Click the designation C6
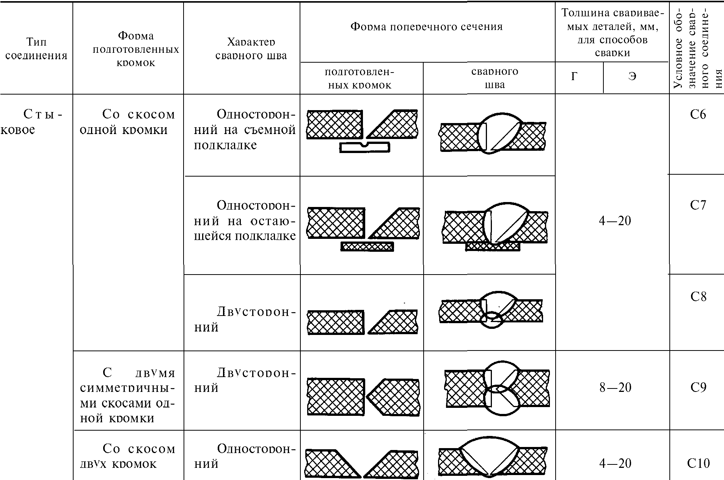698,114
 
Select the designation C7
698,205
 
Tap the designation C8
698,296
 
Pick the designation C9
698,387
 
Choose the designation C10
698,463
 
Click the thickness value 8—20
615,387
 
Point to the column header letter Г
575,77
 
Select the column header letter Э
632,77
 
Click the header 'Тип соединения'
36,49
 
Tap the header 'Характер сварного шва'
251,49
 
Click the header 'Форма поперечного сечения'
427,27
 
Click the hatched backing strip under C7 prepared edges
367,247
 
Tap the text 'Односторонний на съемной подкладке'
245,129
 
